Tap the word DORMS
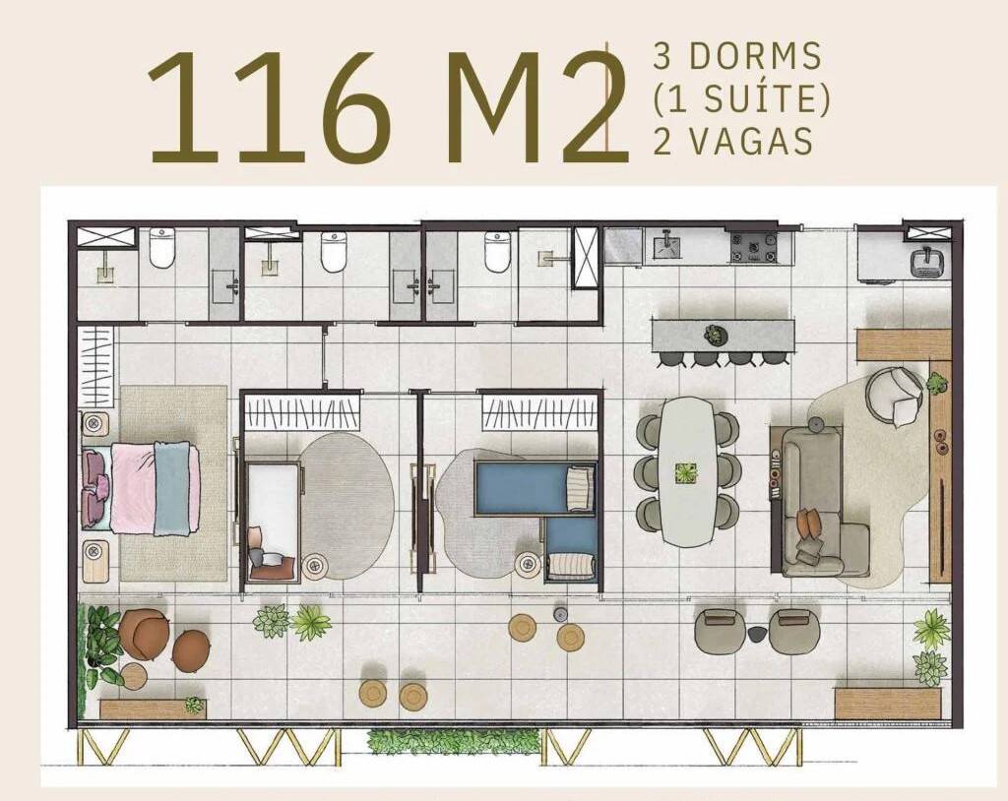tap(755, 56)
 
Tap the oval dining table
tap(686, 471)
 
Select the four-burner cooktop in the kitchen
tap(753, 247)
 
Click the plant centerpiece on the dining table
tap(686, 472)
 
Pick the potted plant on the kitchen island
tap(714, 335)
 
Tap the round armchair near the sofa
tap(894, 396)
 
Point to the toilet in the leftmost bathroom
tap(161, 248)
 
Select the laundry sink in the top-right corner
tap(928, 261)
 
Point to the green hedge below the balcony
tap(453, 742)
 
